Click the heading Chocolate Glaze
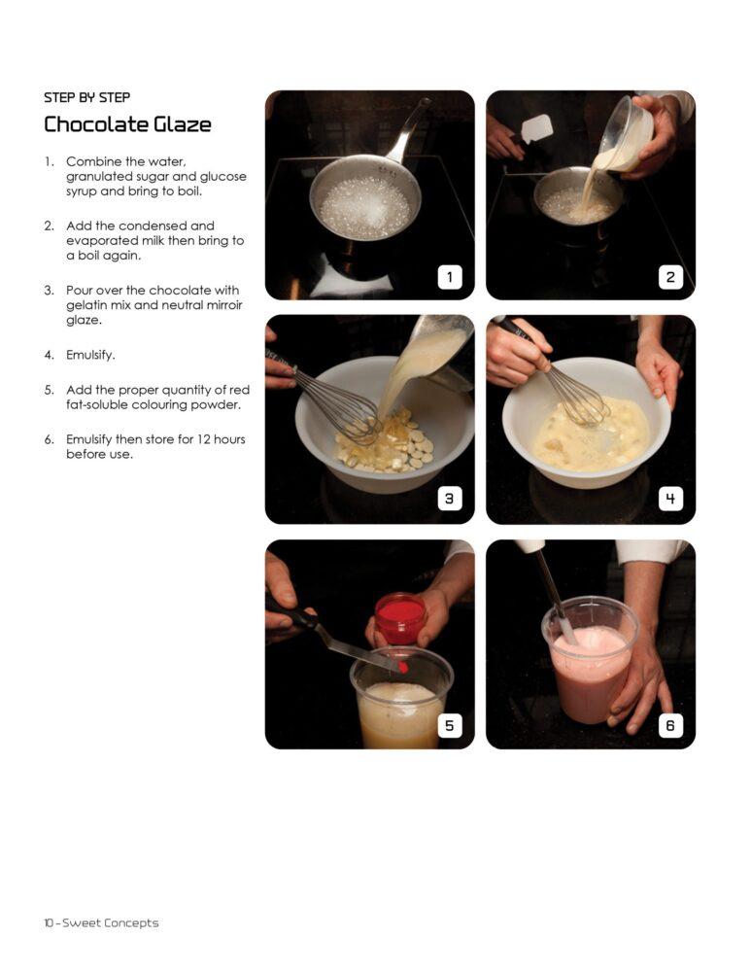pyautogui.click(x=127, y=124)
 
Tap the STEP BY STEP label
pyautogui.click(x=86, y=97)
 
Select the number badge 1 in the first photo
pyautogui.click(x=450, y=277)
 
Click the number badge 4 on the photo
pyautogui.click(x=670, y=499)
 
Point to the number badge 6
pyautogui.click(x=670, y=725)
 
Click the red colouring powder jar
pyautogui.click(x=400, y=618)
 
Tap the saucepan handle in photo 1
pyautogui.click(x=408, y=131)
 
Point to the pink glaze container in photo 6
pyautogui.click(x=589, y=661)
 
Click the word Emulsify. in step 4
pyautogui.click(x=90, y=355)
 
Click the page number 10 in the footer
pyautogui.click(x=49, y=923)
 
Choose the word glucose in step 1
pyautogui.click(x=223, y=177)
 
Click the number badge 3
pyautogui.click(x=450, y=499)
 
